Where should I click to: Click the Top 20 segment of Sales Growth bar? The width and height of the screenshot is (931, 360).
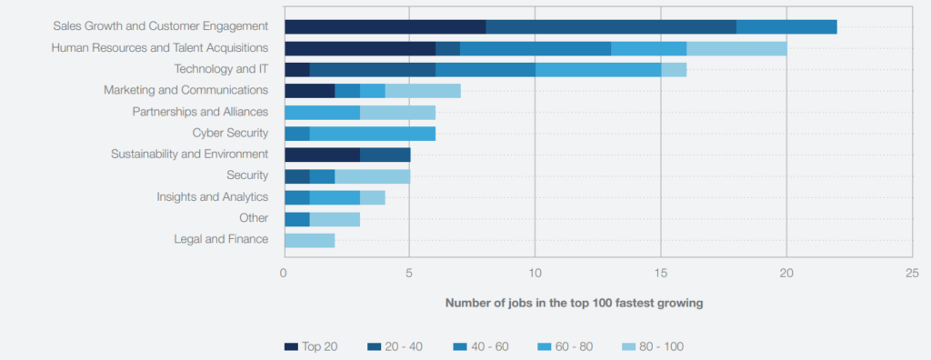click(385, 27)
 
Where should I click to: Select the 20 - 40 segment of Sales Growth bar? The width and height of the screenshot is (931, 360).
click(610, 27)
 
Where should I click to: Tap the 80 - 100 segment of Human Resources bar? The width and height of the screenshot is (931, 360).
click(736, 48)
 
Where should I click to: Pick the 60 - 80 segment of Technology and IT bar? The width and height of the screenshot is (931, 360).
click(597, 69)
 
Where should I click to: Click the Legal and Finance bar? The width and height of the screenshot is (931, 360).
click(309, 240)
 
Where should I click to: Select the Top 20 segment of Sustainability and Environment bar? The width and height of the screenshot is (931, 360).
click(322, 155)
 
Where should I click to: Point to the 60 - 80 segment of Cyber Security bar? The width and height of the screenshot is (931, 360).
click(372, 134)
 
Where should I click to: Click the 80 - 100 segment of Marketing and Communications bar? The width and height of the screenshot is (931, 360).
click(423, 91)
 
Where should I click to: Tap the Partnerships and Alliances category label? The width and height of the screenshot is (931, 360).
click(200, 112)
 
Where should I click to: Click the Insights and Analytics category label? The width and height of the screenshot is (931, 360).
click(212, 196)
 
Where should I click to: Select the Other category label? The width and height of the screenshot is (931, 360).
click(253, 218)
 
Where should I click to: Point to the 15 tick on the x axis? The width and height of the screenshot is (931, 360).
click(661, 272)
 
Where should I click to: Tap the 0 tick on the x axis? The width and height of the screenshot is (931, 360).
click(285, 272)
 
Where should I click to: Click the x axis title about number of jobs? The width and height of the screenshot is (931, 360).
click(574, 303)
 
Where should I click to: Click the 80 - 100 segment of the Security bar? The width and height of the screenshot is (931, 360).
click(372, 175)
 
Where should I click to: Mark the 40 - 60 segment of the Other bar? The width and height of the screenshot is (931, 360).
click(296, 218)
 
